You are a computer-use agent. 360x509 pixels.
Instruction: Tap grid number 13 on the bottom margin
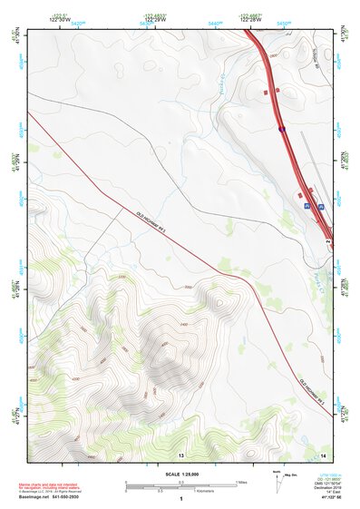pos(180,454)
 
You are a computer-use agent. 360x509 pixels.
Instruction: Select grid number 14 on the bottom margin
pos(322,454)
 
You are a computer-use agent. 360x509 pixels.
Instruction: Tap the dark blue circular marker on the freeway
pos(281,130)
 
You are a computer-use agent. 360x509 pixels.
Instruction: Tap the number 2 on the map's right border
pos(327,242)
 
